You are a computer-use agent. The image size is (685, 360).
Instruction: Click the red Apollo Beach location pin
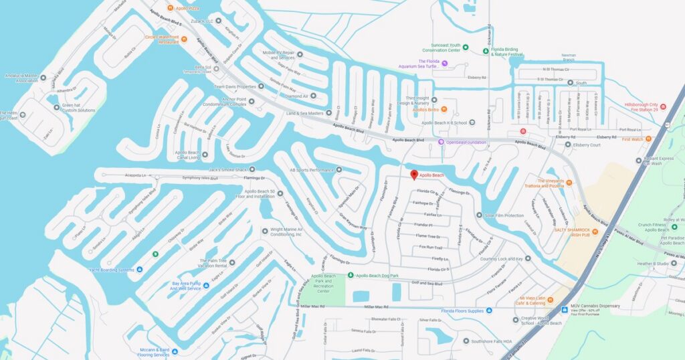(x=413, y=175)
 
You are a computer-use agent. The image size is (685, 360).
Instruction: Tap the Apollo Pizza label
(x=187, y=8)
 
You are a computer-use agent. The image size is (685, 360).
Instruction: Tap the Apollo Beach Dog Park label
(x=377, y=275)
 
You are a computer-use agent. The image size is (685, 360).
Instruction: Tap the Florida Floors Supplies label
(x=462, y=310)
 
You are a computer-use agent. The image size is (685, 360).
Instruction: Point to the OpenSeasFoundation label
(x=466, y=142)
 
